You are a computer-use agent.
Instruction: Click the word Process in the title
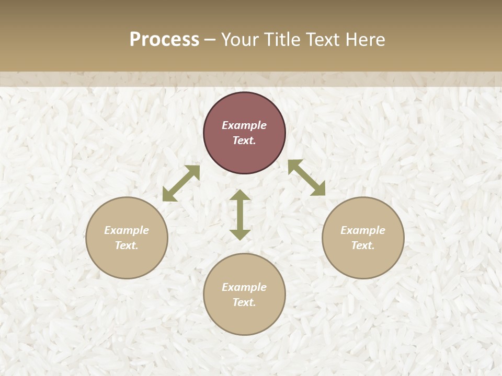[164, 39]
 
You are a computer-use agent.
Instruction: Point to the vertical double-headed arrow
[240, 215]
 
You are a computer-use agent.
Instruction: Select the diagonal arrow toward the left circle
[181, 183]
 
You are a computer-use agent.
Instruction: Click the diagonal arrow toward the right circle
[307, 178]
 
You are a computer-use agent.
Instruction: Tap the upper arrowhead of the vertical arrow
[240, 195]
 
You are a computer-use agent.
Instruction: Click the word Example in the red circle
[244, 125]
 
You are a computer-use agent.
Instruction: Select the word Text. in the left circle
[127, 245]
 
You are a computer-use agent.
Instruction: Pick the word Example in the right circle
[363, 230]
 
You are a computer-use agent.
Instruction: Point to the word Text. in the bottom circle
[244, 302]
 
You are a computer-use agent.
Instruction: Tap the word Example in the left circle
[127, 230]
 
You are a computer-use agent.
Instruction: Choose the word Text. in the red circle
[244, 140]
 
